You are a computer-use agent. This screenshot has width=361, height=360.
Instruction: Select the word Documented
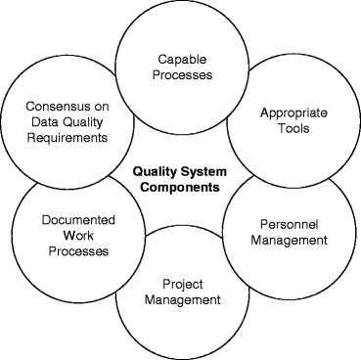click(63, 219)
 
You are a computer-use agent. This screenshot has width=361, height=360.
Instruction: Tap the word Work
click(63, 235)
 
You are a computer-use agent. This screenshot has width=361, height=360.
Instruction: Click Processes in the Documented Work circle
click(63, 251)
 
